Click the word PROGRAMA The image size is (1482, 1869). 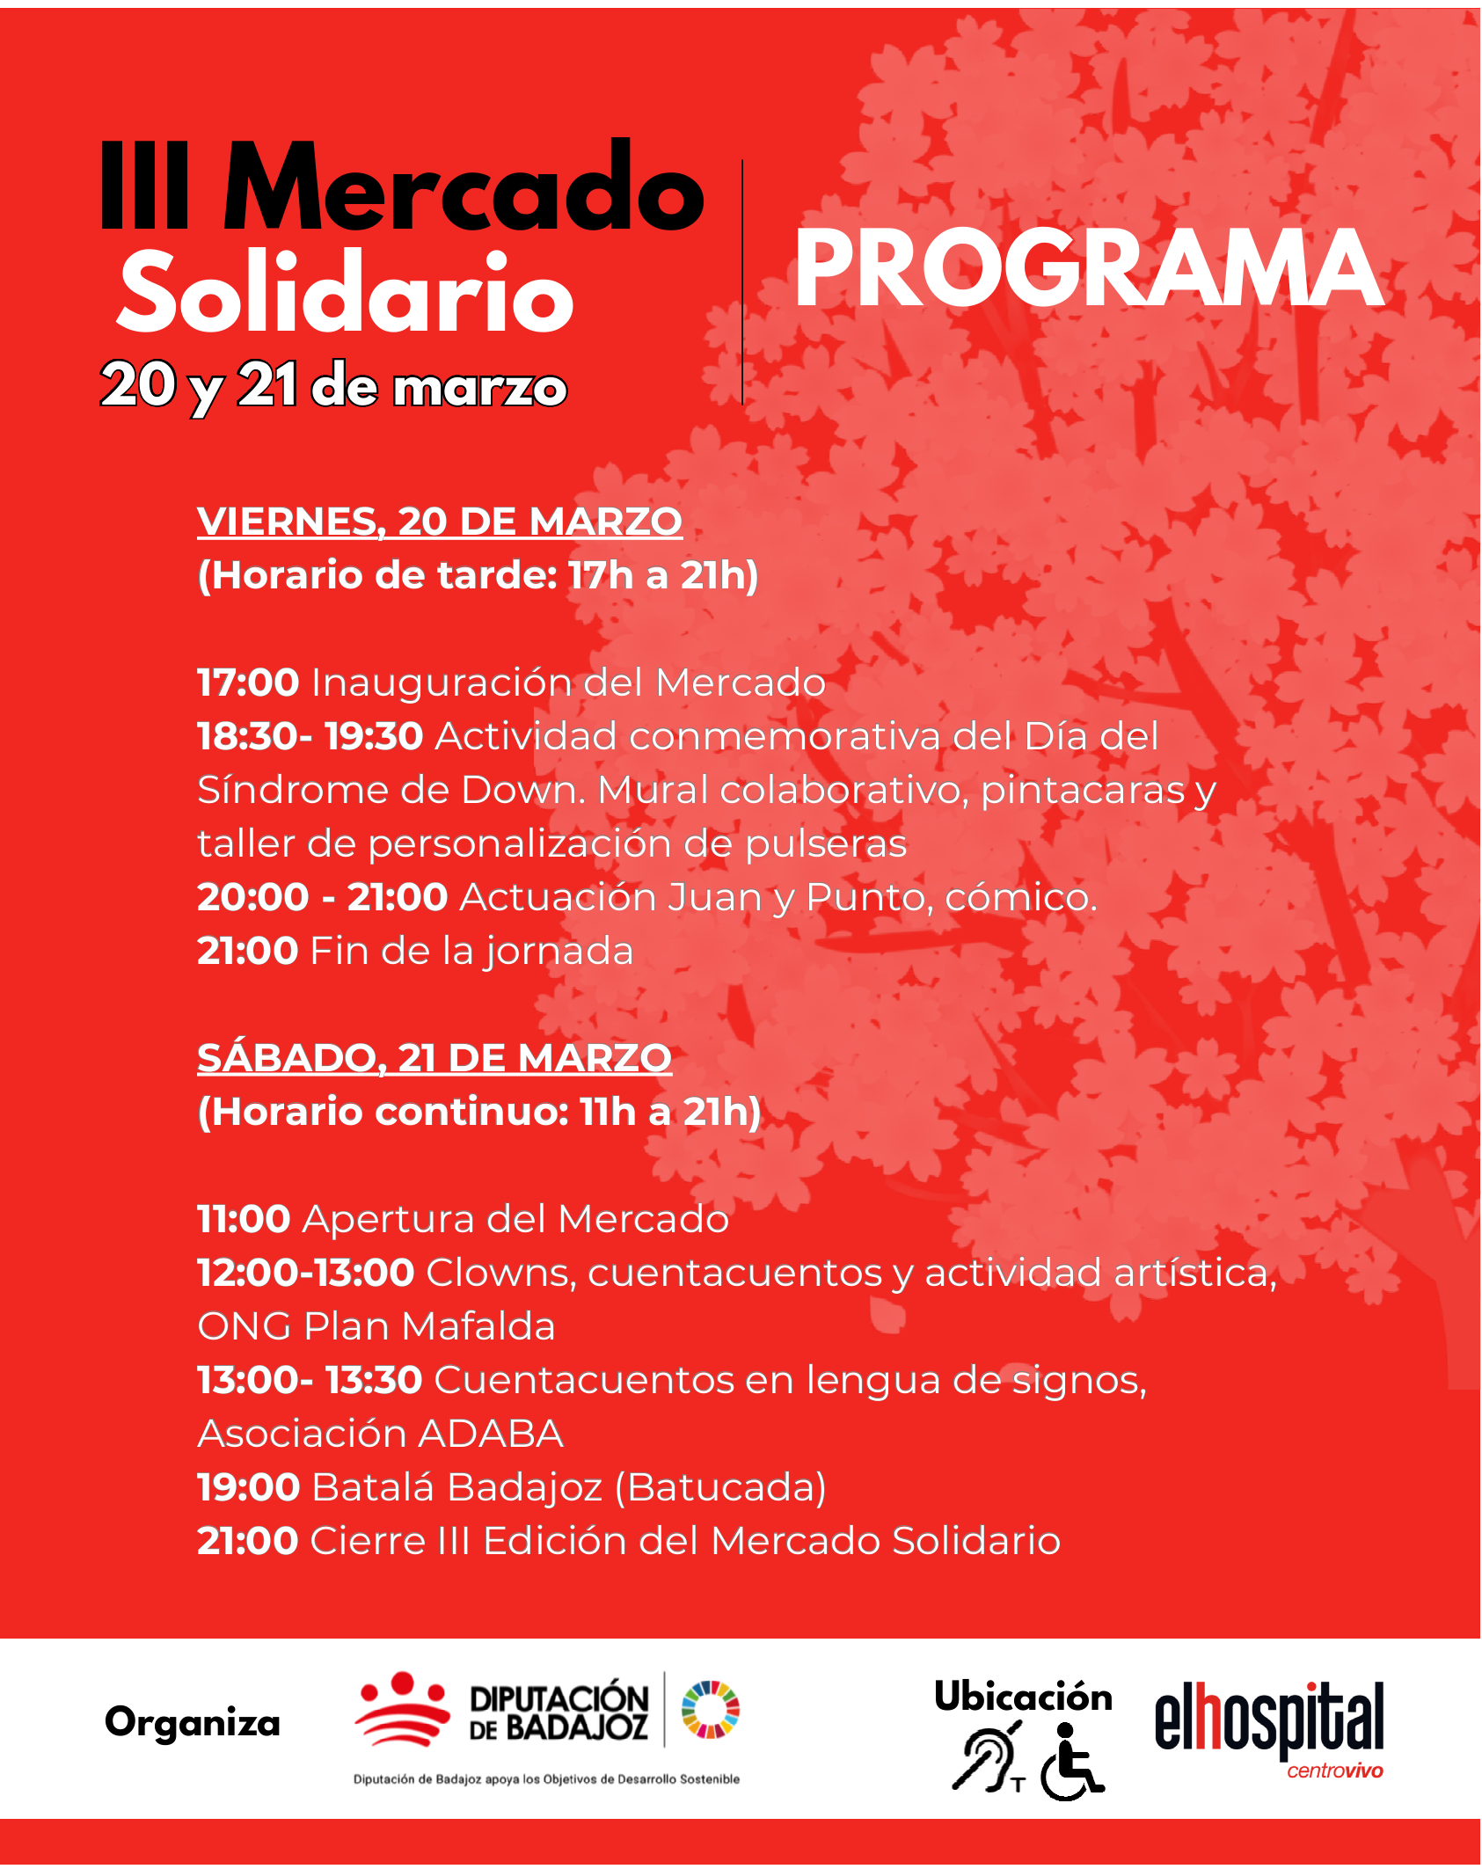tap(1088, 268)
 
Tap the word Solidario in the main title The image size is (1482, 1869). tap(346, 293)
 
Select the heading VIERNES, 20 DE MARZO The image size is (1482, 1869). tap(440, 522)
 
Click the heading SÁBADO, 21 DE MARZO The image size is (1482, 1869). tap(434, 1058)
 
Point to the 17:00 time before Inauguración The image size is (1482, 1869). tap(248, 683)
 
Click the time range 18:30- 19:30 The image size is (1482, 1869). tap(310, 736)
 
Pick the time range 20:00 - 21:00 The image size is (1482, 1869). tap(322, 897)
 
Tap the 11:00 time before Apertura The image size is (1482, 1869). tap(244, 1219)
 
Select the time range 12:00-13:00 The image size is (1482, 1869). tap(305, 1273)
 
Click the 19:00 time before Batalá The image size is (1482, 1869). tap(249, 1487)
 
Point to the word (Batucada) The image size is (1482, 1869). tap(720, 1487)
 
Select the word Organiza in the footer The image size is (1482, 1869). tap(193, 1722)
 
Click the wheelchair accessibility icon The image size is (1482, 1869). tap(1070, 1762)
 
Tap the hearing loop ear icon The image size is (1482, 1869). tap(988, 1760)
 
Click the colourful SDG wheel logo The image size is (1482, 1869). tap(711, 1709)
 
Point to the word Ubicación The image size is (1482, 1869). tap(1023, 1697)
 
